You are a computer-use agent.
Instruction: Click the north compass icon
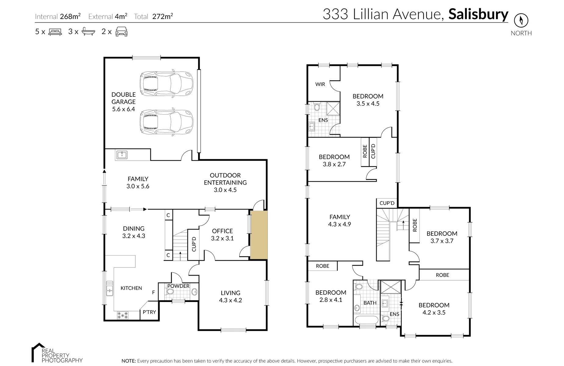(x=521, y=20)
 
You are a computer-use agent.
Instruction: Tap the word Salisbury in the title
(x=478, y=14)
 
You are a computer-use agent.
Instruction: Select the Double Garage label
(x=123, y=102)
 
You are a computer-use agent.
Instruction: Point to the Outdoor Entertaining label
(x=225, y=182)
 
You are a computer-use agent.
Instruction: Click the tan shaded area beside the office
(x=259, y=235)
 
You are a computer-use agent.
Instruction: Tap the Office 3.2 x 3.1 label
(x=222, y=235)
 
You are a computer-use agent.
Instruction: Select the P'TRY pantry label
(x=149, y=312)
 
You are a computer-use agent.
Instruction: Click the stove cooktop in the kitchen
(x=122, y=315)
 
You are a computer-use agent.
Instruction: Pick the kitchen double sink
(x=109, y=289)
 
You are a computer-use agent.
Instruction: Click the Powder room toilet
(x=170, y=292)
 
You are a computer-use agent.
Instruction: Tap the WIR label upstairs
(x=320, y=84)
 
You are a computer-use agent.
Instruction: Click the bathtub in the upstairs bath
(x=366, y=320)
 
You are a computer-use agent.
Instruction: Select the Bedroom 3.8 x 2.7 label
(x=334, y=160)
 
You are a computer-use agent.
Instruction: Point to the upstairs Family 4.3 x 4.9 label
(x=340, y=221)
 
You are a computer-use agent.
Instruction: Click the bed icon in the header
(x=55, y=32)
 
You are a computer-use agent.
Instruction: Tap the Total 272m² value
(x=162, y=16)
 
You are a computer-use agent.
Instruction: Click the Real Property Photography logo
(x=57, y=353)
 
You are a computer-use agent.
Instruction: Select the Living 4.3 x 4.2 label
(x=230, y=296)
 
